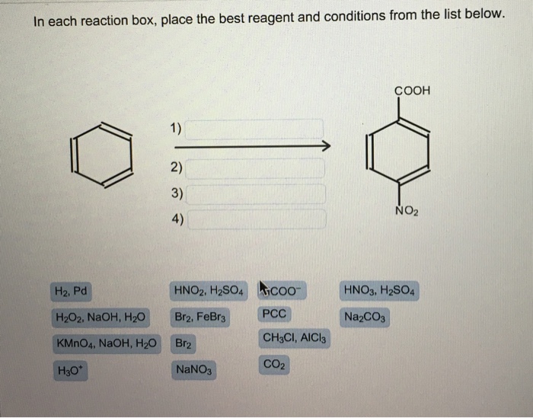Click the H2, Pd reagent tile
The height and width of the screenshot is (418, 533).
[x=72, y=290]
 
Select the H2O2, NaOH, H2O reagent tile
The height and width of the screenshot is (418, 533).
[x=101, y=317]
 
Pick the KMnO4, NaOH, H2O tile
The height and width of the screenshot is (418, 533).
[x=107, y=343]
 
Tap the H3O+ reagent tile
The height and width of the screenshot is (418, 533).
[x=67, y=371]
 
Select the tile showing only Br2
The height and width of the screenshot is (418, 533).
[x=184, y=344]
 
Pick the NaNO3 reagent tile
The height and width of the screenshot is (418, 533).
[x=196, y=370]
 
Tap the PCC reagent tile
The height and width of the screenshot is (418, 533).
[x=274, y=314]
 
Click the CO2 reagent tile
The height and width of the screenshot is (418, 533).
[x=274, y=365]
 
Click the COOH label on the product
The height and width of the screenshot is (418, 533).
[x=413, y=91]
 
